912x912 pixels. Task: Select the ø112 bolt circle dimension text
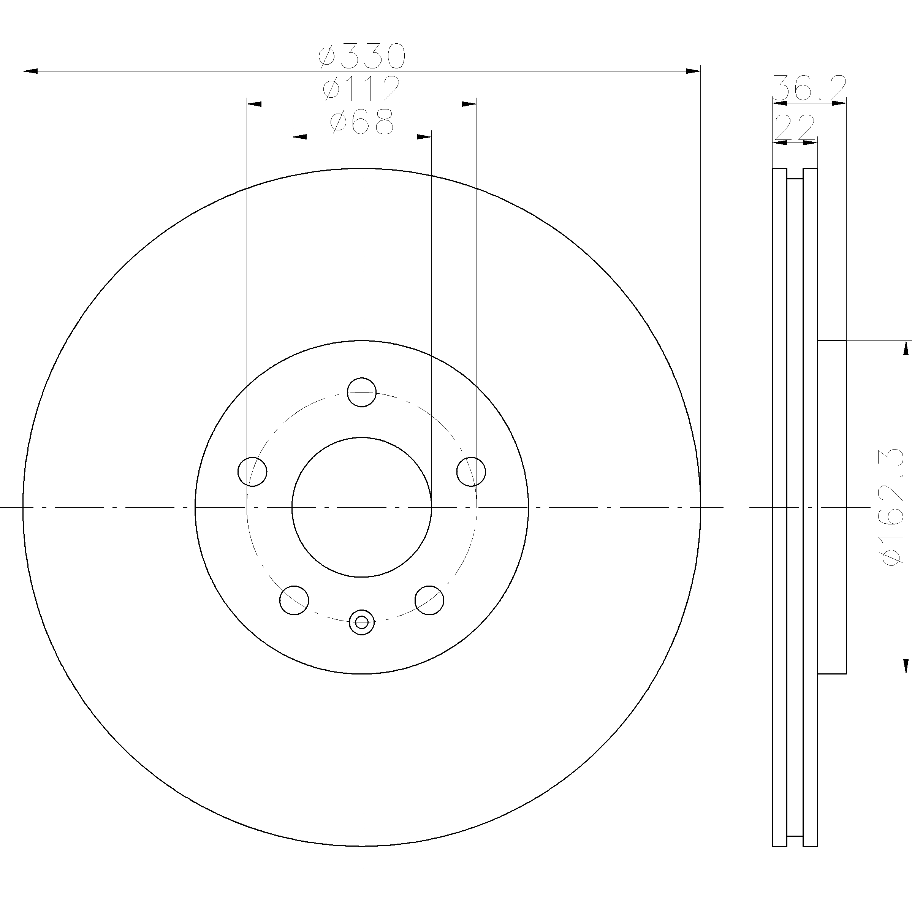362,89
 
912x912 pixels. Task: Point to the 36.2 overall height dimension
809,88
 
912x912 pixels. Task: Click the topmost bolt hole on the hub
362,392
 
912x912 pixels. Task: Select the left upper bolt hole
252,471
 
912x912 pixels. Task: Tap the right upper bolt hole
471,471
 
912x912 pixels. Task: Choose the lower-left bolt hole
294,600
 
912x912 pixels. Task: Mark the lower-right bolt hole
429,600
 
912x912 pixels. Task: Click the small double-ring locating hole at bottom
362,622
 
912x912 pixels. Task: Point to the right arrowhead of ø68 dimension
424,137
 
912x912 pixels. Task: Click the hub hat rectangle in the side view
832,507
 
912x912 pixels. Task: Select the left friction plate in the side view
779,507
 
